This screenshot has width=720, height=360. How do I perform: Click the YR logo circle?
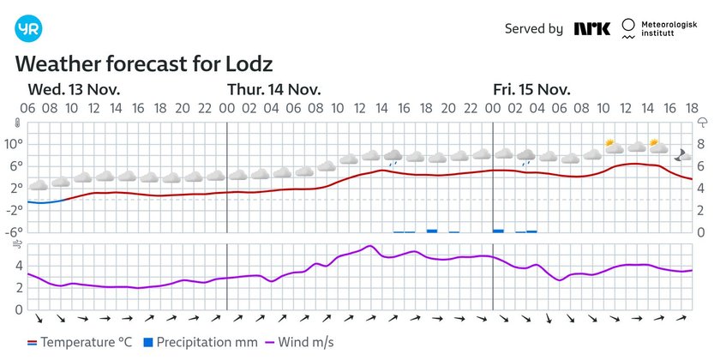(28, 29)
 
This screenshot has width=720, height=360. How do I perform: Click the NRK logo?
(592, 28)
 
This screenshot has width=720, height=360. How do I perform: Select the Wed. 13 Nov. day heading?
(74, 89)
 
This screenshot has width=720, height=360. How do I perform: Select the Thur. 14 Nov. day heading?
(273, 89)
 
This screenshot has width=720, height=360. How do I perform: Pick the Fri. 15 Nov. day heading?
(531, 89)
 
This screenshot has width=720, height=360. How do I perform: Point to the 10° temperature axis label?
(15, 143)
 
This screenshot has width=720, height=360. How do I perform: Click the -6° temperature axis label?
(15, 232)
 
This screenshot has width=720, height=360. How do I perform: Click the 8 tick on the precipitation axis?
(700, 143)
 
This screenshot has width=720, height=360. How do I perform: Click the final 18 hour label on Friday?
(691, 108)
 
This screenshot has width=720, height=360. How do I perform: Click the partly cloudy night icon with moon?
(683, 154)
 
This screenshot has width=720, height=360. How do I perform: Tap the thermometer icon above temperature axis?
(16, 123)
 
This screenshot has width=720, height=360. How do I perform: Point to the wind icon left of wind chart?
(16, 245)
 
